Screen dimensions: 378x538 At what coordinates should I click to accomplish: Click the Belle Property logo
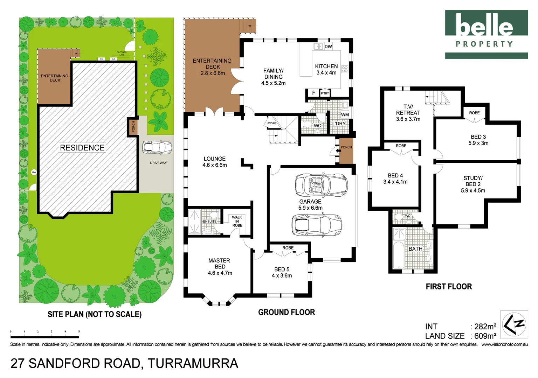click(x=486, y=34)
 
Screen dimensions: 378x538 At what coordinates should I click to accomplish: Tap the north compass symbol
click(x=514, y=324)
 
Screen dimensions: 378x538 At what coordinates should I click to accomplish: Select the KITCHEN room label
click(x=326, y=66)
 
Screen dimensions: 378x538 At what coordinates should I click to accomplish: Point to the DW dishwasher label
click(x=328, y=47)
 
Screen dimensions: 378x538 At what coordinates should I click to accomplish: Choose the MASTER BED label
click(x=219, y=264)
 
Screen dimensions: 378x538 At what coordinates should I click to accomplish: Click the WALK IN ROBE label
click(x=237, y=221)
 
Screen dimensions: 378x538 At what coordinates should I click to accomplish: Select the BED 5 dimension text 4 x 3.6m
click(x=282, y=276)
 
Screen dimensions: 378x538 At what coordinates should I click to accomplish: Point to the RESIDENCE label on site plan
click(x=82, y=148)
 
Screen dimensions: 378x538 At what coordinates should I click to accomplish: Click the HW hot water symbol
click(x=34, y=172)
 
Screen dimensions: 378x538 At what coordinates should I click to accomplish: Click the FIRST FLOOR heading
click(x=449, y=287)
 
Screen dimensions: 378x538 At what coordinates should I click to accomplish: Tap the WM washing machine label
click(x=345, y=114)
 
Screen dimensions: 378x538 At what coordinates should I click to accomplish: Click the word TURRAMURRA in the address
click(x=193, y=364)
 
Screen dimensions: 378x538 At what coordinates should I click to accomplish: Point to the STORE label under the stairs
click(x=271, y=123)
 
